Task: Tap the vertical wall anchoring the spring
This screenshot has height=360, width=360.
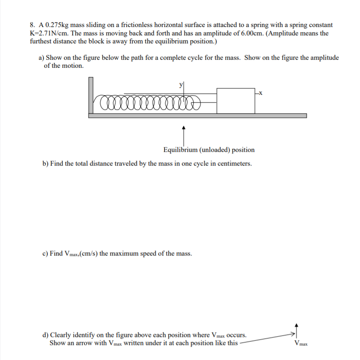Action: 91,96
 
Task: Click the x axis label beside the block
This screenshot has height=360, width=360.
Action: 260,93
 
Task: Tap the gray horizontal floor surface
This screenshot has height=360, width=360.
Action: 197,116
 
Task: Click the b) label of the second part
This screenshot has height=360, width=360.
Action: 46,163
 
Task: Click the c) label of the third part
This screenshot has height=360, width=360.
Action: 45,254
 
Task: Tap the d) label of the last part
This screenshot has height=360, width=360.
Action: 46,335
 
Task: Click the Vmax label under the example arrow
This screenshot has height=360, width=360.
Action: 300,344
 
